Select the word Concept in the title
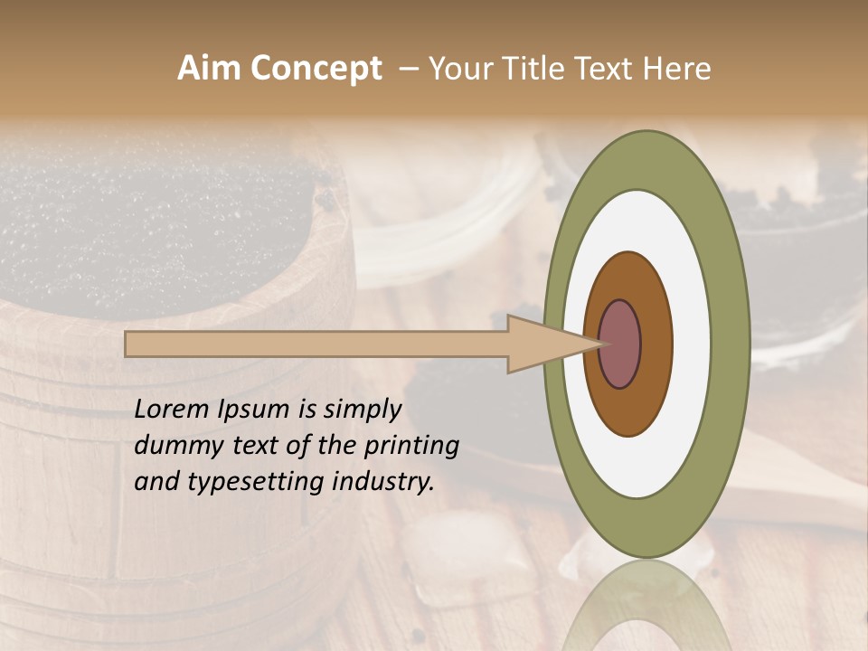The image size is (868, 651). pos(316,69)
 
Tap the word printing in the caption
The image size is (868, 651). pos(411,446)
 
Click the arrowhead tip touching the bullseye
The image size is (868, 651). pos(600,344)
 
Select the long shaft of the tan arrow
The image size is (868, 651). pos(316,344)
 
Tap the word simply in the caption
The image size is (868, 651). pos(361,410)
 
